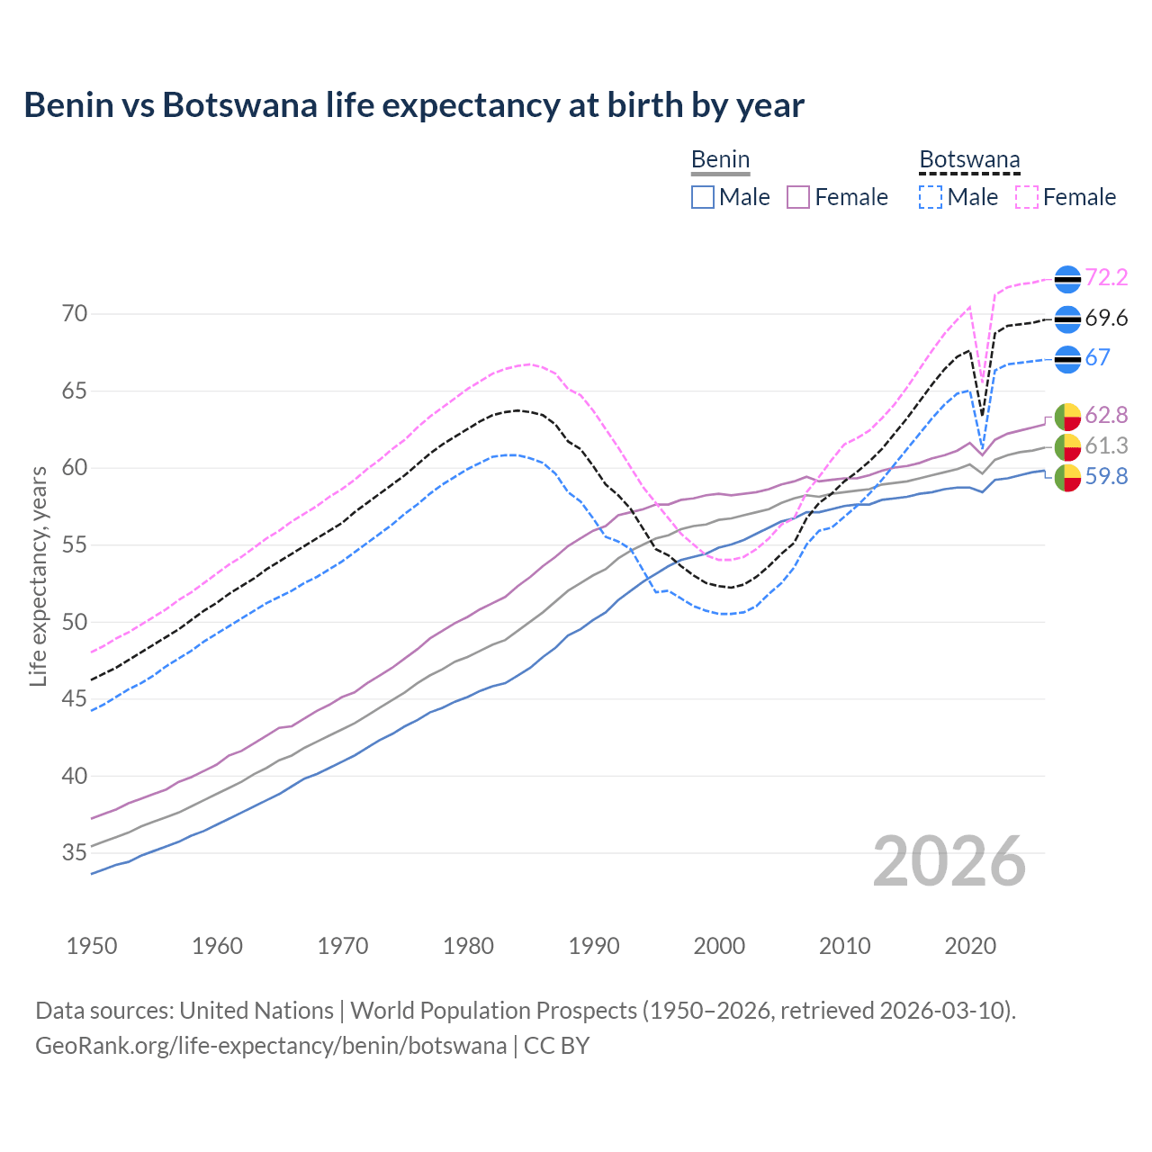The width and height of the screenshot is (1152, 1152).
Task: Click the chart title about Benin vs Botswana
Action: coord(414,105)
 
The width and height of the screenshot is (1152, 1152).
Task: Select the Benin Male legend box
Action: coord(703,197)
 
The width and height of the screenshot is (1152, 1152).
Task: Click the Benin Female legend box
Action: coord(798,197)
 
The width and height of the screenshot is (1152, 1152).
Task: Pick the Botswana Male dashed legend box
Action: coord(931,197)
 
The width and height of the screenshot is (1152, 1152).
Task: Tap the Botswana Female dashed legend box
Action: coord(1026,197)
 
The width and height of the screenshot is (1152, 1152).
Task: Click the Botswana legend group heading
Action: coord(969,160)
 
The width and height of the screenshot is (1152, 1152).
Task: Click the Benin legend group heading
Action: coord(720,160)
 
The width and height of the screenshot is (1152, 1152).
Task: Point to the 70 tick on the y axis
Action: coord(75,314)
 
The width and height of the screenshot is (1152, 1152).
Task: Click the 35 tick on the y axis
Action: coord(75,852)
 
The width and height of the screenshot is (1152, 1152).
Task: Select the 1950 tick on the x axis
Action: coord(92,946)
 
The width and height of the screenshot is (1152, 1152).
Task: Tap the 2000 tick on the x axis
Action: coord(719,946)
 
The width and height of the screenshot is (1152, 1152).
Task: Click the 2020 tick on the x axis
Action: coord(970,946)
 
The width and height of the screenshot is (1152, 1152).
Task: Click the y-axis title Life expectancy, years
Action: coord(38,576)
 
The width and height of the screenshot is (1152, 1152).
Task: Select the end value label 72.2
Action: coord(1106,278)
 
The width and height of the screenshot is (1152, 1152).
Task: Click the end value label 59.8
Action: coord(1106,476)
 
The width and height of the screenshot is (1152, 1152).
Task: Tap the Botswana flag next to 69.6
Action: coord(1067,319)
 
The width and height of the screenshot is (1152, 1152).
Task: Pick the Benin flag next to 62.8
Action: coord(1067,417)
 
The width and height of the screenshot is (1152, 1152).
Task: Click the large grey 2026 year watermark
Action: coord(949,861)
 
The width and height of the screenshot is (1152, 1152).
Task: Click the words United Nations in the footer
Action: coord(256,1011)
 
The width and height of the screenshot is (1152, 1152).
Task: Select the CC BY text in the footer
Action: coord(556,1046)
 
